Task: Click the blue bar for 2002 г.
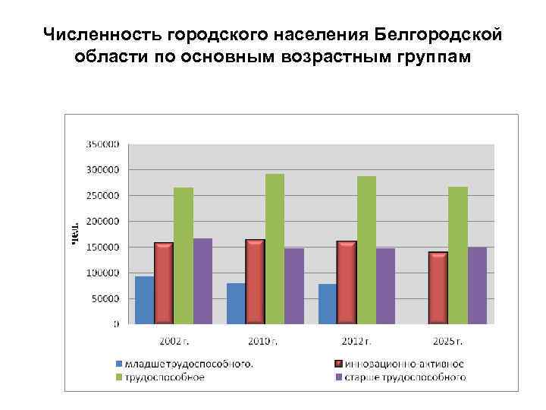pos(144,300)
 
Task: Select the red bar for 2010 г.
pos(255,282)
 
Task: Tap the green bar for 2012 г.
pos(366,251)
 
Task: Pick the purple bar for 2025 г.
pos(477,285)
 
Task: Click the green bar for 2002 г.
pos(184,256)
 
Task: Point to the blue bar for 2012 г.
pos(328,304)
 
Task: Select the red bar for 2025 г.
pos(438,288)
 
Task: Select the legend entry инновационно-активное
pos(403,364)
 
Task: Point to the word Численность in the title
pos(102,34)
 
